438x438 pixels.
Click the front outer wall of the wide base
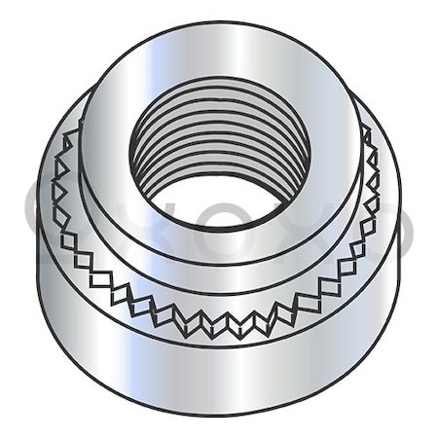click(219, 375)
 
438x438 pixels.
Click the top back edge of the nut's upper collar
click(220, 23)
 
